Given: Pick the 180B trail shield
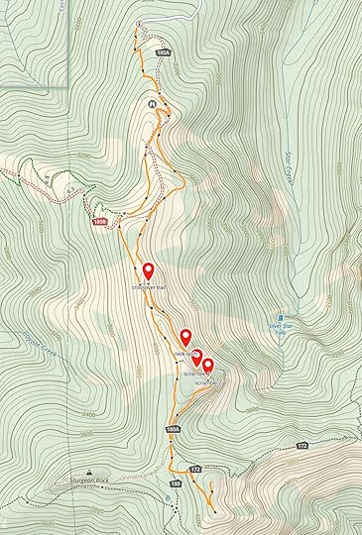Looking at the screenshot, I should tap(99, 222).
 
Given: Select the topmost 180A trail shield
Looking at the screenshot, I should tap(164, 51).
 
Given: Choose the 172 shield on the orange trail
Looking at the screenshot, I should tap(194, 467).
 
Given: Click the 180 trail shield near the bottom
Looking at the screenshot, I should tap(175, 483).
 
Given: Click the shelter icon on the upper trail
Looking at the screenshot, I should tap(152, 104).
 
